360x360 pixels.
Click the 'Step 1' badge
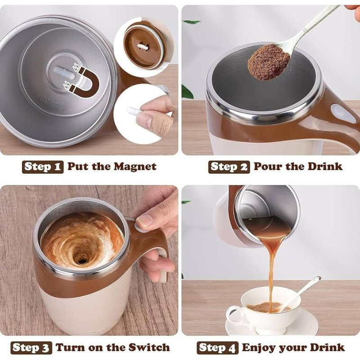tap(43, 166)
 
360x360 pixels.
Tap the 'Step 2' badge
tap(229, 167)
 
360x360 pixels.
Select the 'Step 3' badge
tap(31, 347)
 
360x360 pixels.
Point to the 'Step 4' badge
tap(217, 347)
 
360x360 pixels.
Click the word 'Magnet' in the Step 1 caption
tap(135, 166)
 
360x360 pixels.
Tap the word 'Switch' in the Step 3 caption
tap(149, 347)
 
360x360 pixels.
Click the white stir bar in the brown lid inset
tap(143, 47)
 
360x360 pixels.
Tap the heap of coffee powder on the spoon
tap(269, 62)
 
